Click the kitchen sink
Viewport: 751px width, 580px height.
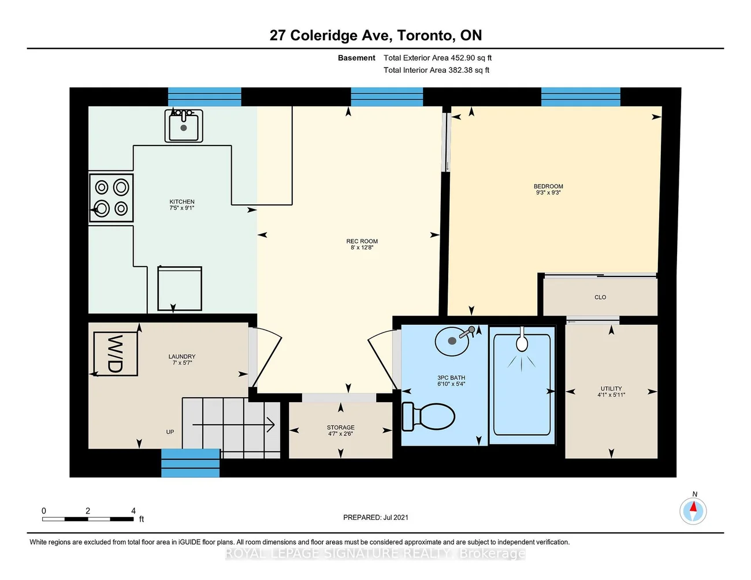pyautogui.click(x=184, y=126)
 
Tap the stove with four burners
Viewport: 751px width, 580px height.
pyautogui.click(x=111, y=198)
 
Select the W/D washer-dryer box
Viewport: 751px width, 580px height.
pyautogui.click(x=116, y=354)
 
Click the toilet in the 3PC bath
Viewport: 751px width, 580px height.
pyautogui.click(x=428, y=416)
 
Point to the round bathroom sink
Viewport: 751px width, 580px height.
pyautogui.click(x=452, y=340)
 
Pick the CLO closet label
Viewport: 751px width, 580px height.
pyautogui.click(x=600, y=297)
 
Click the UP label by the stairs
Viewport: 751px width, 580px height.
pyautogui.click(x=170, y=432)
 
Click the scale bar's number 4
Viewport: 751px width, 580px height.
pyautogui.click(x=133, y=511)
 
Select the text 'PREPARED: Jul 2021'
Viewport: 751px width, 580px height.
pyautogui.click(x=375, y=517)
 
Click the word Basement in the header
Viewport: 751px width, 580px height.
pyautogui.click(x=356, y=58)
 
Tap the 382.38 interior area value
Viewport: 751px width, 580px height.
pyautogui.click(x=460, y=70)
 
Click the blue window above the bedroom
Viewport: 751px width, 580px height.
pyautogui.click(x=581, y=97)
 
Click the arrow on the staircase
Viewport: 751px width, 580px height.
pyautogui.click(x=233, y=425)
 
